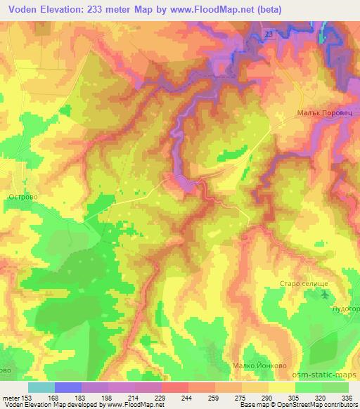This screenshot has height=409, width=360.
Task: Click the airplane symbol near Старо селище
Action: coord(326,296)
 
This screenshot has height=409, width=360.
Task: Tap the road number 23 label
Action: coord(269,34)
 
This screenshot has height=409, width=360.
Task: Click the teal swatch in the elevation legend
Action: coord(41,387)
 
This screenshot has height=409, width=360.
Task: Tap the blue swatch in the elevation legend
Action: coord(68,387)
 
